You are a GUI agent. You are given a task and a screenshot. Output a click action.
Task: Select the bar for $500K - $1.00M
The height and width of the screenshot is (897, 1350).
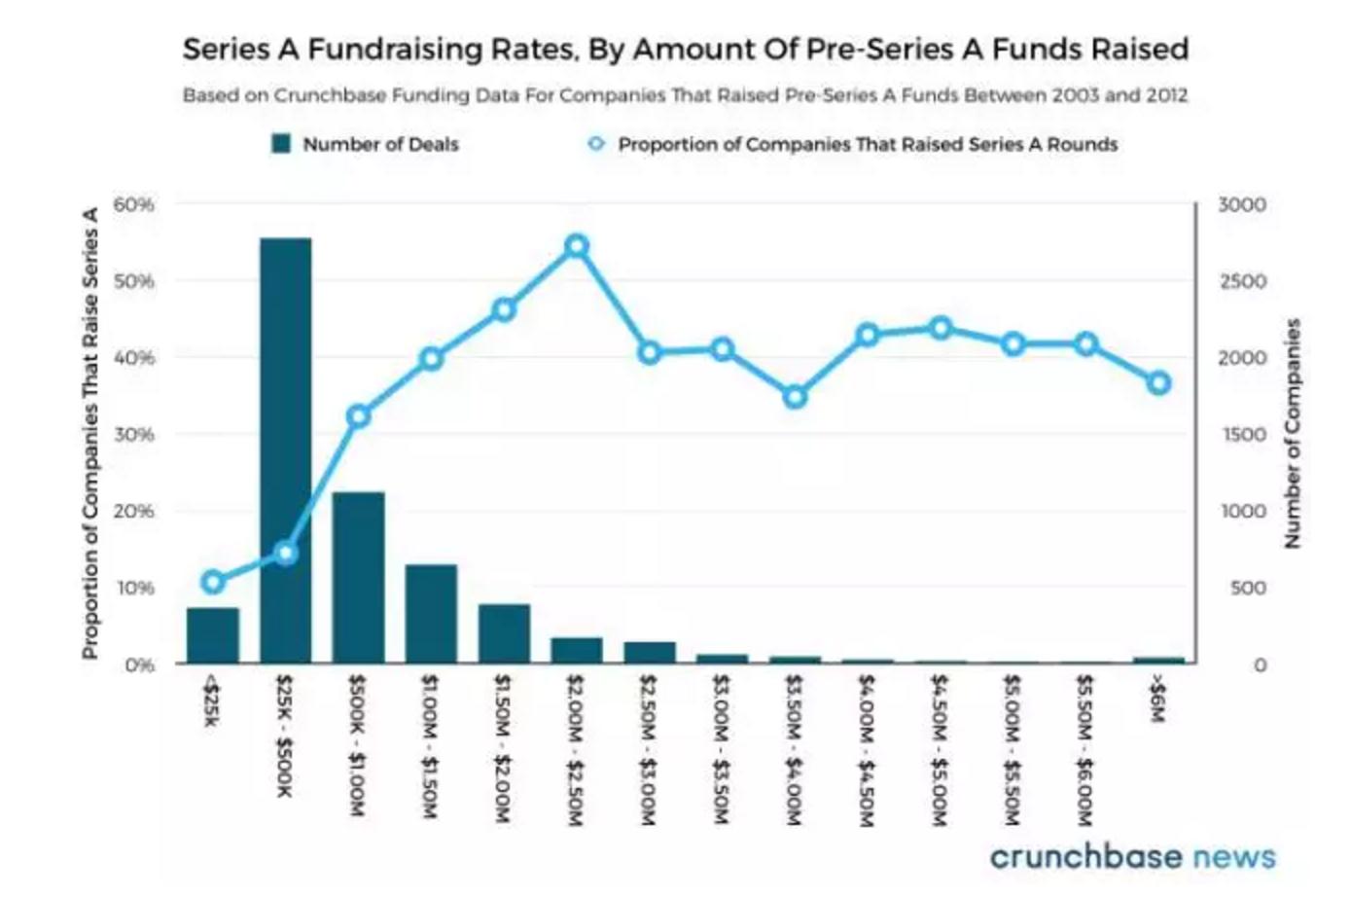coord(358,578)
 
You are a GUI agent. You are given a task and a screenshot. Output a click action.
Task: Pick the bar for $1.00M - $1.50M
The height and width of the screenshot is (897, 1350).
coord(431,614)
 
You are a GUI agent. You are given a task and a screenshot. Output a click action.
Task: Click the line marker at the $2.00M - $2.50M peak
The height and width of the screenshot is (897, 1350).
coord(577,246)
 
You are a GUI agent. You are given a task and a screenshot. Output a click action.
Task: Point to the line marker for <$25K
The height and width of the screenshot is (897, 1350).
coord(213,583)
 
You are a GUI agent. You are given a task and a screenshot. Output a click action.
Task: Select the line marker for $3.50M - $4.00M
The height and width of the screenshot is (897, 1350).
coord(796,397)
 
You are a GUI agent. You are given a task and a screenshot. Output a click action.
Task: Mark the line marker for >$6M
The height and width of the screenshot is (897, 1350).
coord(1158,383)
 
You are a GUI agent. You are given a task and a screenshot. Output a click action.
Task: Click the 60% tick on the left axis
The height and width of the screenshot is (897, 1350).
coord(134,204)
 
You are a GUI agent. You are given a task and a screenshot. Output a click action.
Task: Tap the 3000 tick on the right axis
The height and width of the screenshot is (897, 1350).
coord(1242,204)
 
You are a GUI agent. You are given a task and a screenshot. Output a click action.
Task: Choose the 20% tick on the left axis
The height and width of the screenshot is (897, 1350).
coord(134,511)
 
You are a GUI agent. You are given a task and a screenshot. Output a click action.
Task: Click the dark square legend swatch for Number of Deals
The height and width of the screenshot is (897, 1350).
coord(282,144)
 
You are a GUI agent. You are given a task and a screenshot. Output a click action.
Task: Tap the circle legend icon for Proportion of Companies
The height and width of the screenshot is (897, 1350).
coord(596,144)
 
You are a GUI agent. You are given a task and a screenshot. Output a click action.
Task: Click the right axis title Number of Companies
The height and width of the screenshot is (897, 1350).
coord(1293,433)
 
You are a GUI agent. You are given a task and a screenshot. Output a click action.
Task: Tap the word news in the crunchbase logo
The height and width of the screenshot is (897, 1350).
coord(1233,856)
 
